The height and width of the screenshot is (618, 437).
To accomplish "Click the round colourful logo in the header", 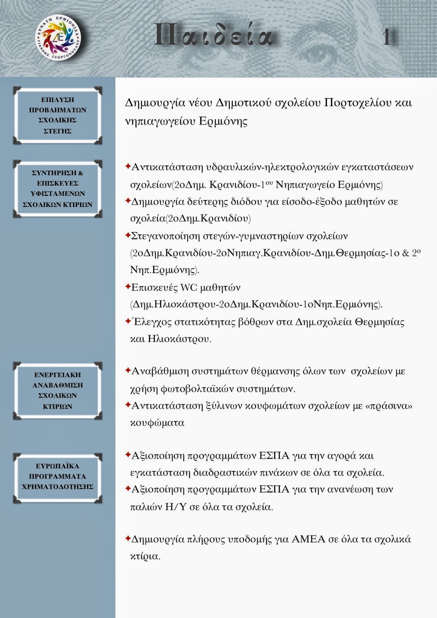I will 58,38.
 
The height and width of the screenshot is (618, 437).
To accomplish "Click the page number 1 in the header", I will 386,38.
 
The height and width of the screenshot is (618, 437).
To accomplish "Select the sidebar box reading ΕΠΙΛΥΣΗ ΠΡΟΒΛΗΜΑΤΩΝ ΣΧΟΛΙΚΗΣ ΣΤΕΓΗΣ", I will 58,115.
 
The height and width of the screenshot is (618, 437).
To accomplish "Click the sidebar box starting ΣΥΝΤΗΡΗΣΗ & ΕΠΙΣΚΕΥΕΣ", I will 58,189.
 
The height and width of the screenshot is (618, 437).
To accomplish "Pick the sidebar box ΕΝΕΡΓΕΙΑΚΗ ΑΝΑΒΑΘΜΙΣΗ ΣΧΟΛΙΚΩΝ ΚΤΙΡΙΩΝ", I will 58,390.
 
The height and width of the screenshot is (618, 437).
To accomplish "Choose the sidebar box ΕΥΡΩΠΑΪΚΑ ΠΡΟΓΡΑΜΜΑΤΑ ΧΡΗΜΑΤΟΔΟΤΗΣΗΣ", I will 58,477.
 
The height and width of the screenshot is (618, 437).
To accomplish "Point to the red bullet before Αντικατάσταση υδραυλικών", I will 128,166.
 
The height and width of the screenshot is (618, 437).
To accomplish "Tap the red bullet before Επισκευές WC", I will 128,287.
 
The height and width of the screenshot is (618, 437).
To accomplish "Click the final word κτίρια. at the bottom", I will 145,557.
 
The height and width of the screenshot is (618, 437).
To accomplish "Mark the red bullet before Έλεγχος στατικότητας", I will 128,321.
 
